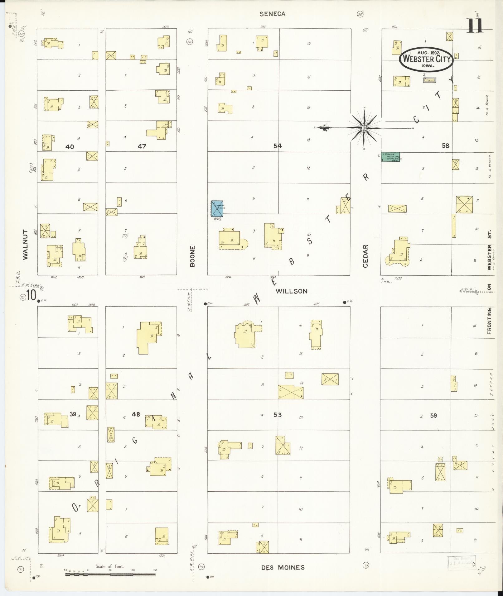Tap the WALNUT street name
(x=25, y=245)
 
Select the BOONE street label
(x=192, y=256)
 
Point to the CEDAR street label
(x=365, y=256)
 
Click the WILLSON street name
(x=292, y=291)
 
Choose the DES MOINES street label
(x=283, y=567)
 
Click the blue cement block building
(x=217, y=208)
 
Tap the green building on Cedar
(x=390, y=157)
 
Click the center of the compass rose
(x=364, y=128)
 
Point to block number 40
(x=70, y=146)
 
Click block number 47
(x=142, y=146)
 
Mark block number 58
(x=445, y=145)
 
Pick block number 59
(x=433, y=415)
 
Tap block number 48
(x=136, y=414)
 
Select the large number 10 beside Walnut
(x=32, y=295)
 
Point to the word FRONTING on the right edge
(x=489, y=321)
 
